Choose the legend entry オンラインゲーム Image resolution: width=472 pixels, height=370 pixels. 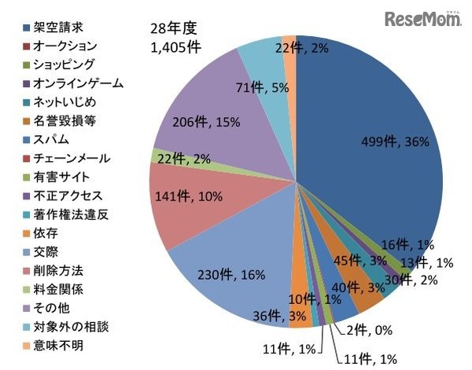[68, 82]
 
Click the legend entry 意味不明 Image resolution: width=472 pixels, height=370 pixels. [55, 346]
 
